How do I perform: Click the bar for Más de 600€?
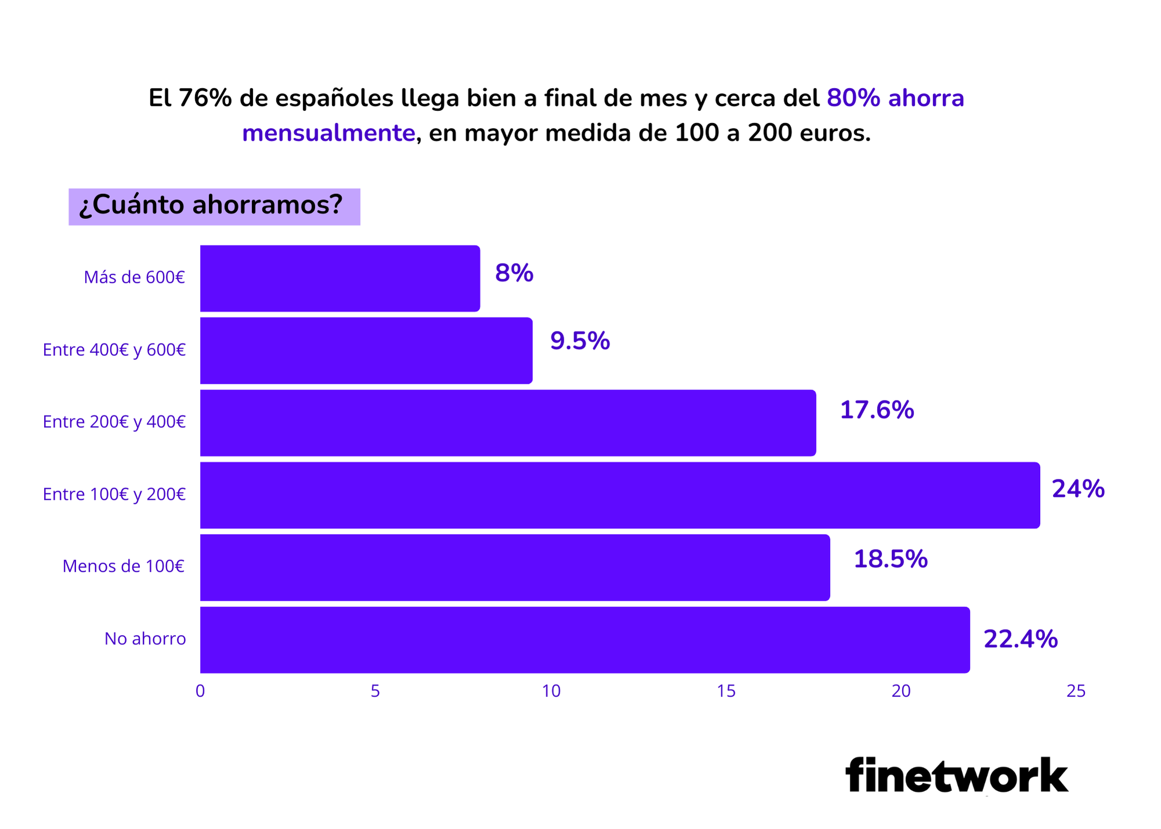(340, 279)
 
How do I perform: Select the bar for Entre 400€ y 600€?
(366, 351)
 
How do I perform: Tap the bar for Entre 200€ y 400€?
(508, 423)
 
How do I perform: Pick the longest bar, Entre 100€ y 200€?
(620, 495)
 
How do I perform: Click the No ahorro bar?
(585, 640)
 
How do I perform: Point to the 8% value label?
(514, 273)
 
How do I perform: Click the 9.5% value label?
(579, 341)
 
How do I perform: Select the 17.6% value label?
(877, 410)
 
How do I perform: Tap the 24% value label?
(1077, 489)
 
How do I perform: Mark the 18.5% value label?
(890, 559)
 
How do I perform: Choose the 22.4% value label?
(1020, 639)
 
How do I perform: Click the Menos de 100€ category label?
(124, 566)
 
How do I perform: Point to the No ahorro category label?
(145, 639)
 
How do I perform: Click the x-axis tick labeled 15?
(726, 691)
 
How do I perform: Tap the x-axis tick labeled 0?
(200, 691)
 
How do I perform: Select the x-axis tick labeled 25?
(1076, 691)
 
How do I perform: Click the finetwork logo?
(956, 775)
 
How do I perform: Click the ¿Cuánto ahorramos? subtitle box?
(214, 206)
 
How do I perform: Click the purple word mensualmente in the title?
(329, 133)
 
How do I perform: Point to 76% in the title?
(205, 98)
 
